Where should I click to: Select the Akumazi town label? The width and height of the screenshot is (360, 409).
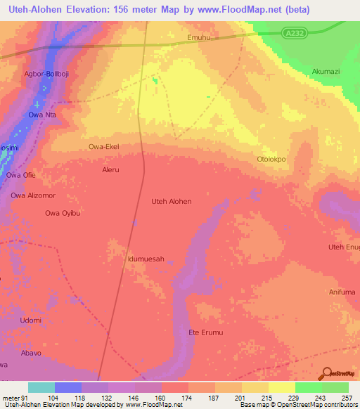(326, 72)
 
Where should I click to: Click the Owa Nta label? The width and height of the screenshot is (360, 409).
(41, 115)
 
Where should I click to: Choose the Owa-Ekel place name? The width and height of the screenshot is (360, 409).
(103, 147)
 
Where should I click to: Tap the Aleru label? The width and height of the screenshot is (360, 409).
(111, 170)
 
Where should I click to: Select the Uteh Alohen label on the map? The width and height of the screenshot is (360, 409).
(172, 201)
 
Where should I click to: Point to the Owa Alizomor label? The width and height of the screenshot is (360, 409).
(32, 195)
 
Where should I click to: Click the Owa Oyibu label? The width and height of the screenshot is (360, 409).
(61, 213)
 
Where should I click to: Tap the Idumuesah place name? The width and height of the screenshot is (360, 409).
(146, 259)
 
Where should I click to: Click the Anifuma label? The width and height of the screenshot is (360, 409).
(342, 292)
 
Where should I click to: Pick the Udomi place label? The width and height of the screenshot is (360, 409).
(30, 320)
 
